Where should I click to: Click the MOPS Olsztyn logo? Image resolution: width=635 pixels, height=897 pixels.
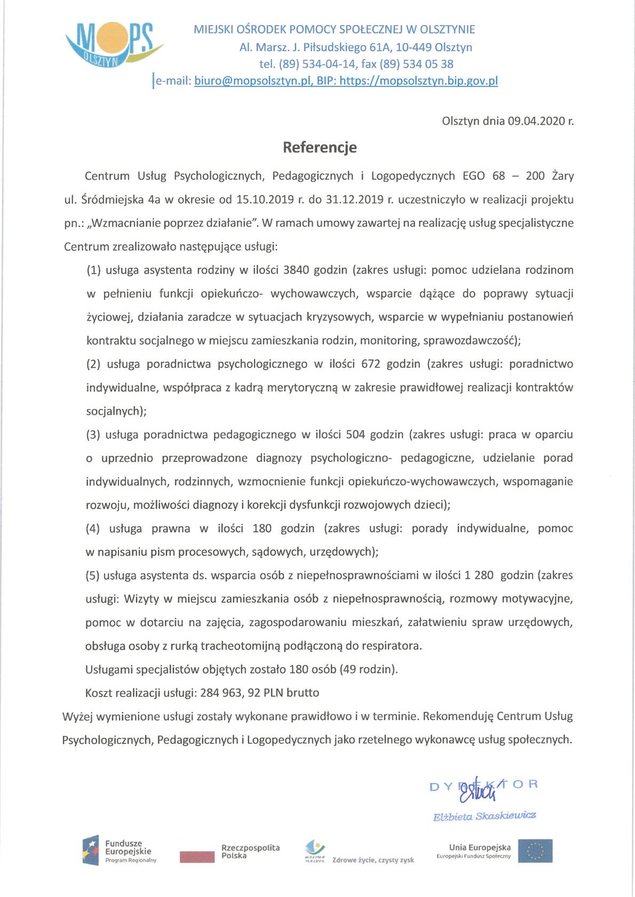tap(113, 45)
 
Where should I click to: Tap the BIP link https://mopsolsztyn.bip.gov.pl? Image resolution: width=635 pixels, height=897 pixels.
tap(418, 81)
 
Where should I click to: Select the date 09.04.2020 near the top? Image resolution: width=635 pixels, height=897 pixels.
tap(535, 121)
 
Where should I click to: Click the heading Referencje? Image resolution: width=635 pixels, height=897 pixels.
tap(320, 147)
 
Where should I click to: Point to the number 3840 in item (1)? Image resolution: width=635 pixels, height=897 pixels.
tap(296, 270)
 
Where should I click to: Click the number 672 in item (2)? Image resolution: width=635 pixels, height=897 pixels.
tap(370, 364)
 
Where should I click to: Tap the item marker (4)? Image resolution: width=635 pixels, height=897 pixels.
tap(93, 528)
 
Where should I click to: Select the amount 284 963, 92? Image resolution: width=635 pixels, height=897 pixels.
tap(231, 693)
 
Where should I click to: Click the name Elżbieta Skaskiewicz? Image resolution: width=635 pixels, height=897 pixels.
tap(484, 816)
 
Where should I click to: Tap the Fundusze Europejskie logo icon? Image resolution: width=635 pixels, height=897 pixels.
tap(91, 850)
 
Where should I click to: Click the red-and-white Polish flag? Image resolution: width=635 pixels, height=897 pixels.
tap(197, 856)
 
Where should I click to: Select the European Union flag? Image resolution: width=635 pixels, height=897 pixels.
tap(535, 851)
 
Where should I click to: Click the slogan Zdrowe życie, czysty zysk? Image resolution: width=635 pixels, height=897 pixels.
tap(373, 860)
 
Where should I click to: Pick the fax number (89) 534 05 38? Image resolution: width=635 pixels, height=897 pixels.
tap(416, 64)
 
